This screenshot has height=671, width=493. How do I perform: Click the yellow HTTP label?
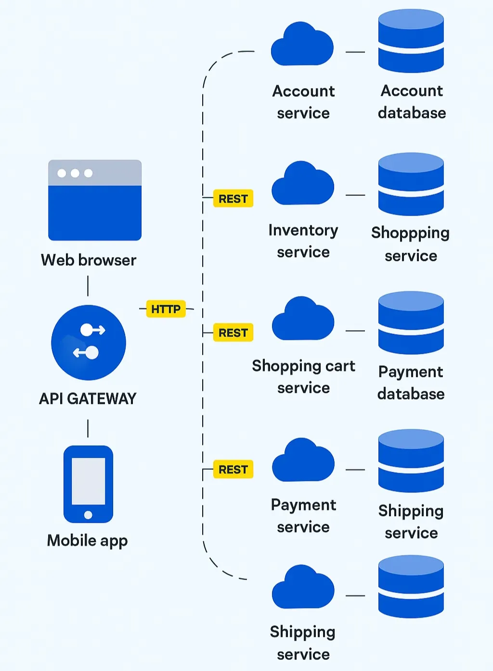[166, 309]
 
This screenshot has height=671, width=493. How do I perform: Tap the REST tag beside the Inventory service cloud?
[233, 199]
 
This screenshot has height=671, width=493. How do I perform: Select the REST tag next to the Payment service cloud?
[233, 469]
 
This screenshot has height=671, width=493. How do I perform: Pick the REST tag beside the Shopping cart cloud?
[233, 333]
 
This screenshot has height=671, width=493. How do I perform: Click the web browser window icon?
[95, 200]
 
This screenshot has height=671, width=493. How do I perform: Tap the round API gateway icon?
[89, 342]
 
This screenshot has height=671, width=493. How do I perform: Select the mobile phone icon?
[88, 484]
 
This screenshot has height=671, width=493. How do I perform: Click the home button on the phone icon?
[88, 515]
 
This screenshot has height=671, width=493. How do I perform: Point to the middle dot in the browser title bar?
[75, 173]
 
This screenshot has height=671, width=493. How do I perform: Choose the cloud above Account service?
[302, 46]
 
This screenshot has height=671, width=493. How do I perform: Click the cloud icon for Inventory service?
[303, 185]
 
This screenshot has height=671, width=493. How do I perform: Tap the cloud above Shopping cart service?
[303, 320]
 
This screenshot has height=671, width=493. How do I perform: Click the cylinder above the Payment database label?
[411, 323]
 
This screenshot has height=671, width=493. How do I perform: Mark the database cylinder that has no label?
[411, 587]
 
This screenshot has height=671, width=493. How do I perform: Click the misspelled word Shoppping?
[410, 233]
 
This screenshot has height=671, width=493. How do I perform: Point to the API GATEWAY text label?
[88, 399]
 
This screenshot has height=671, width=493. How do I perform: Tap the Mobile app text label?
[88, 541]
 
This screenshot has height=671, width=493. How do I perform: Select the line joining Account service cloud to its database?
[355, 52]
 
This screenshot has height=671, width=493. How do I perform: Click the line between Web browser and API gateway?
[88, 286]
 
